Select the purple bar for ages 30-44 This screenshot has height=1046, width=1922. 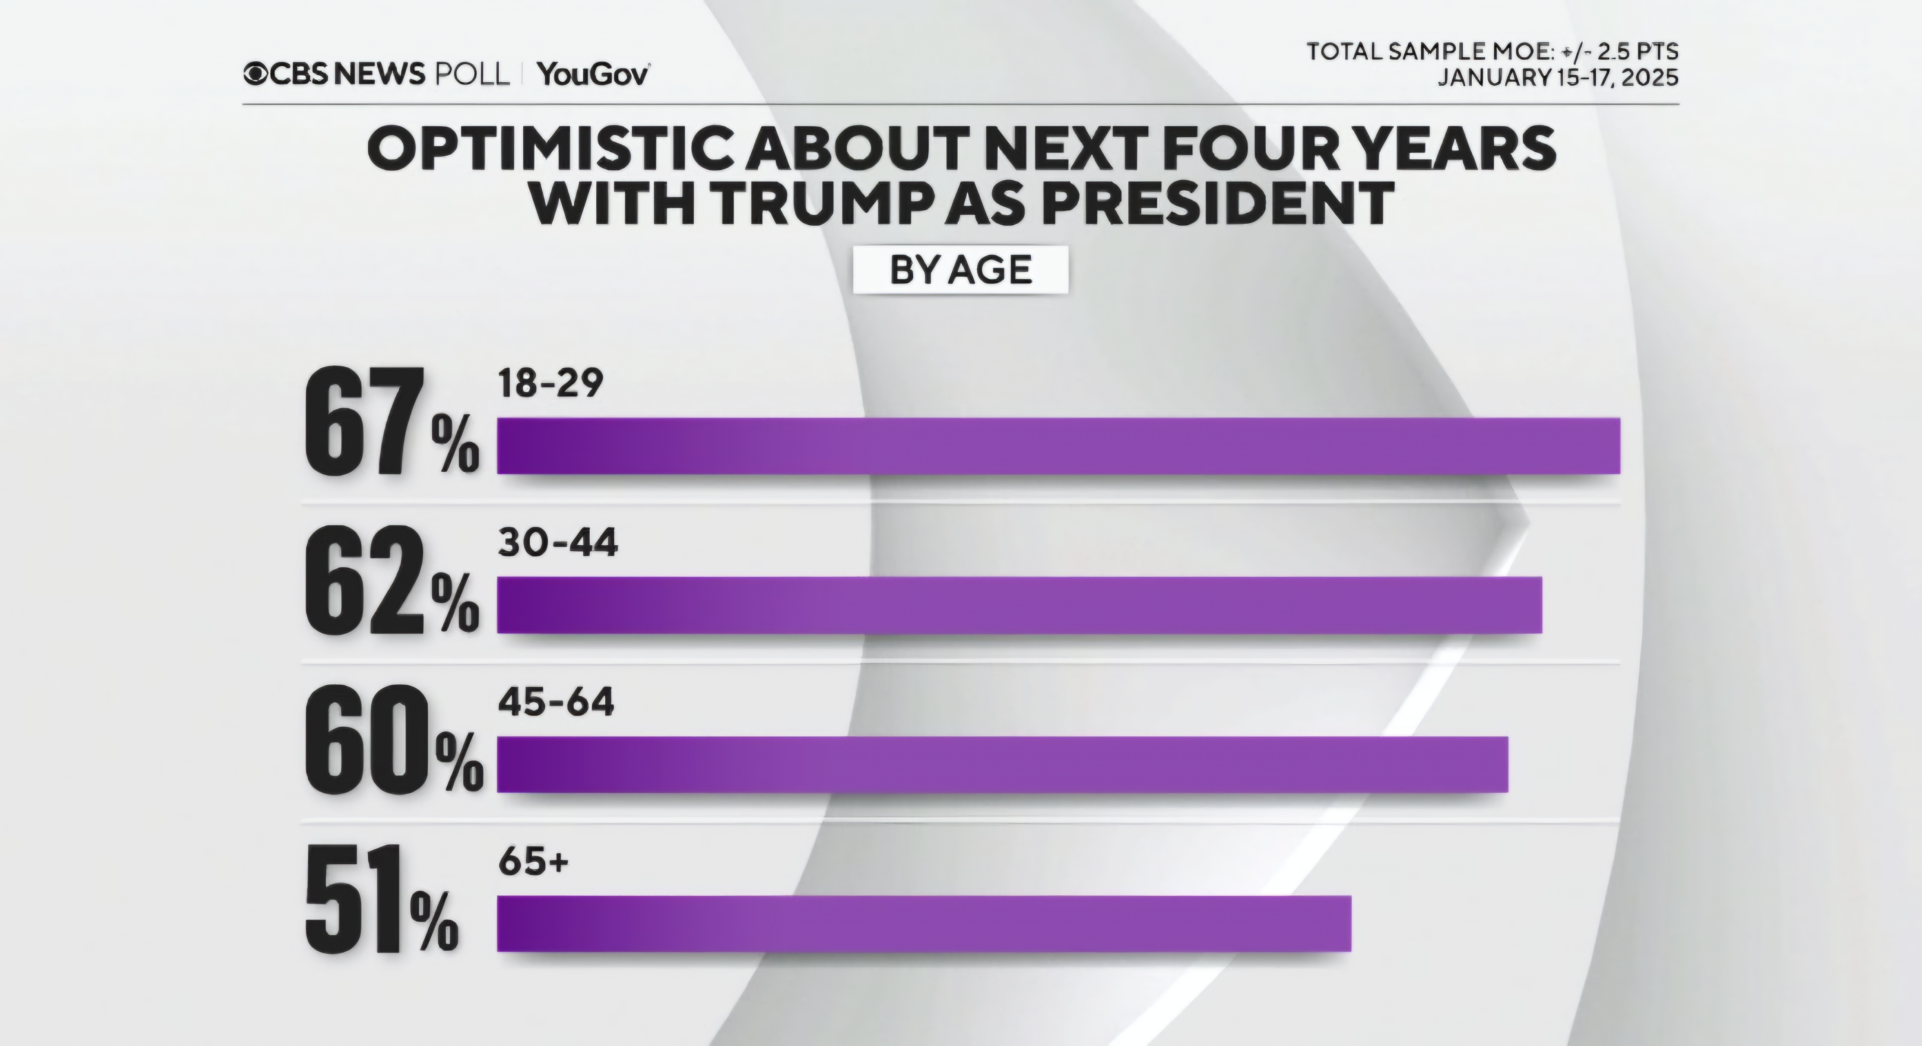(1019, 605)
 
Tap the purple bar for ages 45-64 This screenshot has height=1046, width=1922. (1002, 764)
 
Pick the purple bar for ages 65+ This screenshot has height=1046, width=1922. (924, 924)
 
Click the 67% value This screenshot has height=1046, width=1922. (392, 422)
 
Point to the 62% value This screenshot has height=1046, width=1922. (392, 580)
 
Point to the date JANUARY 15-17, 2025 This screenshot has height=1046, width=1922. (1558, 77)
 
